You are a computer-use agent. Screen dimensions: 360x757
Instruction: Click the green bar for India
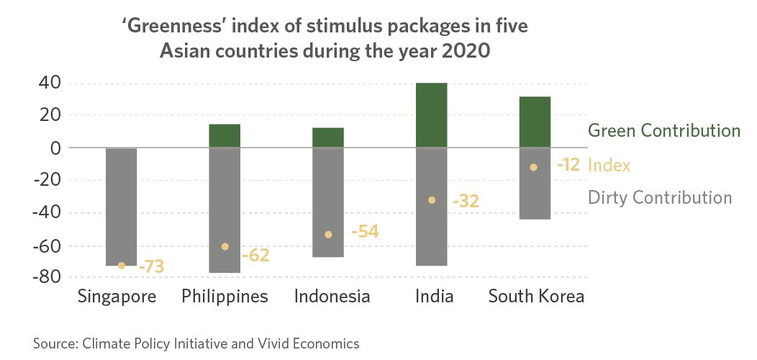pyautogui.click(x=432, y=115)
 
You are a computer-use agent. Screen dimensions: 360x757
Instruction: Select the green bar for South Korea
pyautogui.click(x=535, y=122)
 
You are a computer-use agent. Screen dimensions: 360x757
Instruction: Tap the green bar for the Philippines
pyautogui.click(x=225, y=136)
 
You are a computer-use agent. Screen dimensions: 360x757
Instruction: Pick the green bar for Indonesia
pyautogui.click(x=328, y=138)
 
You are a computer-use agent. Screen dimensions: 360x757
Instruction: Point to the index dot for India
pyautogui.click(x=432, y=200)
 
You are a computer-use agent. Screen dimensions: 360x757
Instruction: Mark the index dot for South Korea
pyautogui.click(x=533, y=167)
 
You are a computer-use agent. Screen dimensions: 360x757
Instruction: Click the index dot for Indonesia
pyautogui.click(x=328, y=234)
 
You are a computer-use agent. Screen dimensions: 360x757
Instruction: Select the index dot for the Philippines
pyautogui.click(x=225, y=246)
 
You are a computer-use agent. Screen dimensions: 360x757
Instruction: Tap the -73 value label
pyautogui.click(x=151, y=266)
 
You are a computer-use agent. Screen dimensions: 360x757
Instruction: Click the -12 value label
pyautogui.click(x=568, y=165)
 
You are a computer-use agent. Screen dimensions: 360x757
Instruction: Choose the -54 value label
pyautogui.click(x=364, y=232)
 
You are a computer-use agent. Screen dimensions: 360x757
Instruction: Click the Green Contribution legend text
pyautogui.click(x=664, y=131)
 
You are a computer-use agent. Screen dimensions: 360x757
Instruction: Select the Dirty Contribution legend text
pyautogui.click(x=660, y=198)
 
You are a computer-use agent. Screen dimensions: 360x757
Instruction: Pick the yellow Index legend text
pyautogui.click(x=609, y=165)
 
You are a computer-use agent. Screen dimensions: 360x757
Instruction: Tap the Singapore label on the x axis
pyautogui.click(x=117, y=297)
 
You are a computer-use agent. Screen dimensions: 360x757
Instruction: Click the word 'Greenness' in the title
pyautogui.click(x=169, y=28)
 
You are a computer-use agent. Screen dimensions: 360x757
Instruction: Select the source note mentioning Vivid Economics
pyautogui.click(x=196, y=343)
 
